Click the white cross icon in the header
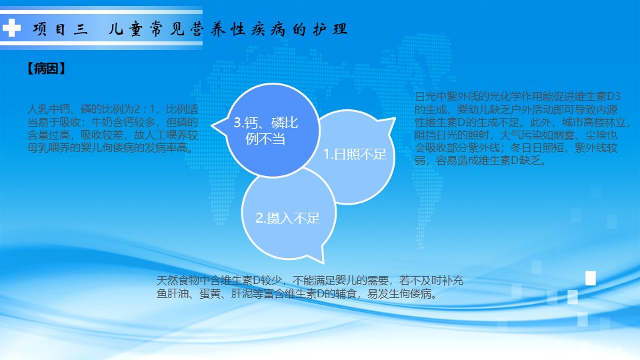point(11,28)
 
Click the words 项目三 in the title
point(61,29)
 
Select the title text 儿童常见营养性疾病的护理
point(228,29)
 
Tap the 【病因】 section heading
point(47,68)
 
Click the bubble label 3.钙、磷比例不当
point(266,131)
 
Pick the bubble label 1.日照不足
point(355,154)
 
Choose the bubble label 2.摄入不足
point(288,218)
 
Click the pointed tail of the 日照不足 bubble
point(394,119)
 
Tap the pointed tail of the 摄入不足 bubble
point(323,261)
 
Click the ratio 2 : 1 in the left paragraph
point(144,109)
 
